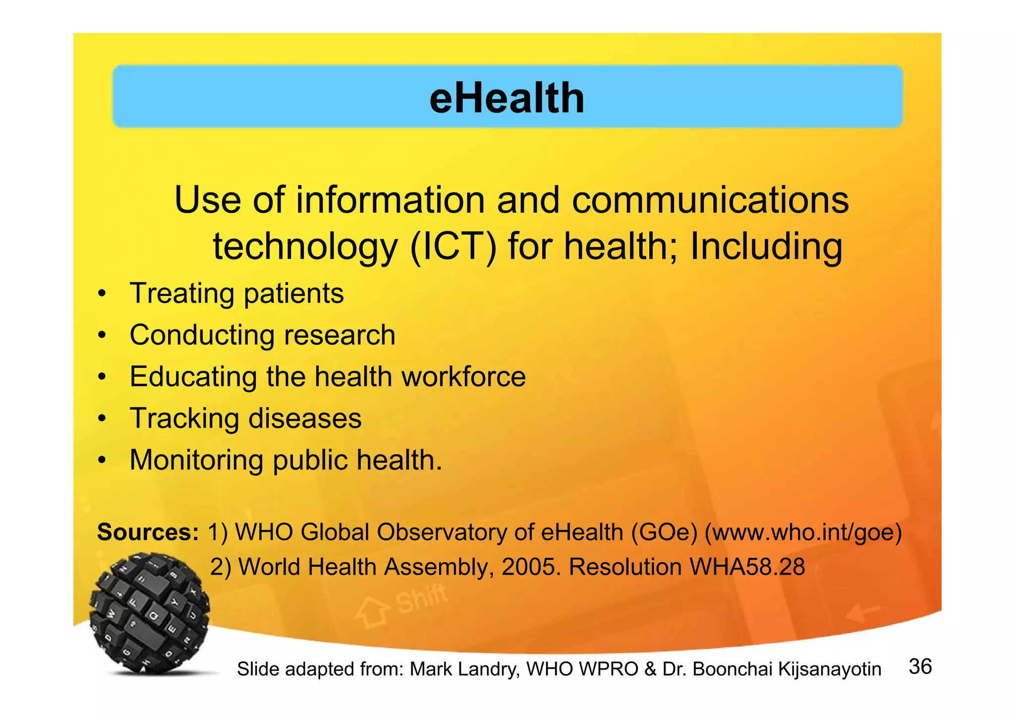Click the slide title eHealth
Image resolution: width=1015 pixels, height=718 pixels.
click(507, 98)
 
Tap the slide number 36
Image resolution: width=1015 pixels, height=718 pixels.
click(920, 666)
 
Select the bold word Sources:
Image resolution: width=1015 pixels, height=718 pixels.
click(148, 532)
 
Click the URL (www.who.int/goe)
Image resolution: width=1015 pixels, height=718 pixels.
click(803, 533)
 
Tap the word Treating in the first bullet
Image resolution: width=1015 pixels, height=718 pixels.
click(181, 294)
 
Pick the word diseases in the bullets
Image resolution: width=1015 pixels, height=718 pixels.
click(305, 419)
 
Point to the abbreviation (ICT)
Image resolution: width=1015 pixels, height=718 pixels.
click(453, 246)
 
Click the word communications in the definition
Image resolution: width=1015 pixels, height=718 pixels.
click(710, 200)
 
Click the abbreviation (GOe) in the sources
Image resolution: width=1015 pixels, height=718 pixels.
click(665, 533)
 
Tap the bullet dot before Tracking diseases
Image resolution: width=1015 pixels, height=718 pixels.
click(102, 419)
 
